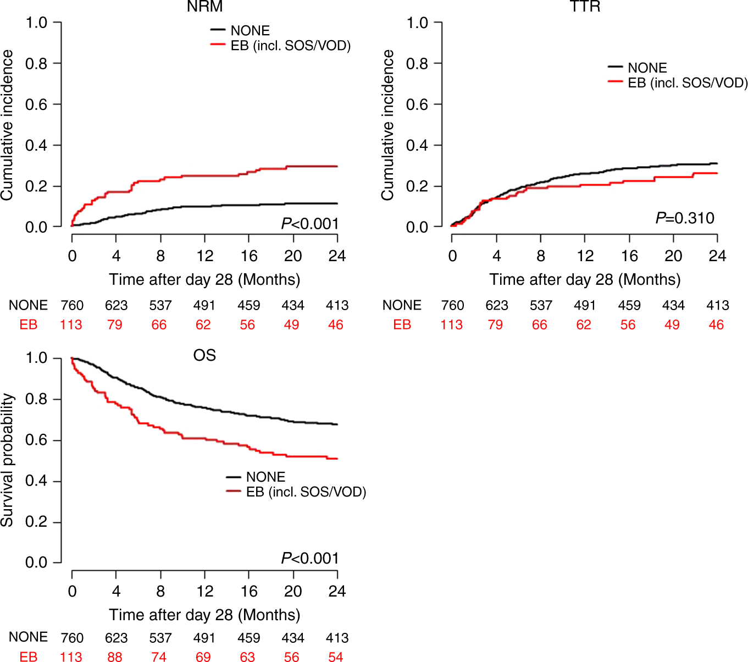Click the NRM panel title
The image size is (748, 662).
204,7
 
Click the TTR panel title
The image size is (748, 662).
585,7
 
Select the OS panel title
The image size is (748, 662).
204,355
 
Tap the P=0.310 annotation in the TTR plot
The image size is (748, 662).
685,218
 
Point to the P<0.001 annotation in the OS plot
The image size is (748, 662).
310,559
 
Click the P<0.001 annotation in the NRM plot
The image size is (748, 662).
310,224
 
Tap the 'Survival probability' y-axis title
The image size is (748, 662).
7,460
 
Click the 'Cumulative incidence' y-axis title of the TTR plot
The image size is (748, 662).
388,125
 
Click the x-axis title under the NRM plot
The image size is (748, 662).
204,279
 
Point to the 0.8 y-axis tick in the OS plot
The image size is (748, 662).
36,399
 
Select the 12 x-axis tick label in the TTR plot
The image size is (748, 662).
585,256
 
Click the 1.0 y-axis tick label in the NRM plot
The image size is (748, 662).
36,23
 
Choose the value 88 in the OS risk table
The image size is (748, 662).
115,657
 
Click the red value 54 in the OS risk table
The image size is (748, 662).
335,657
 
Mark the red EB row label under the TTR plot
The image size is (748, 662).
402,325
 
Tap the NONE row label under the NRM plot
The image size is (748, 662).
28,305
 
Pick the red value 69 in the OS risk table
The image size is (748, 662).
203,657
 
